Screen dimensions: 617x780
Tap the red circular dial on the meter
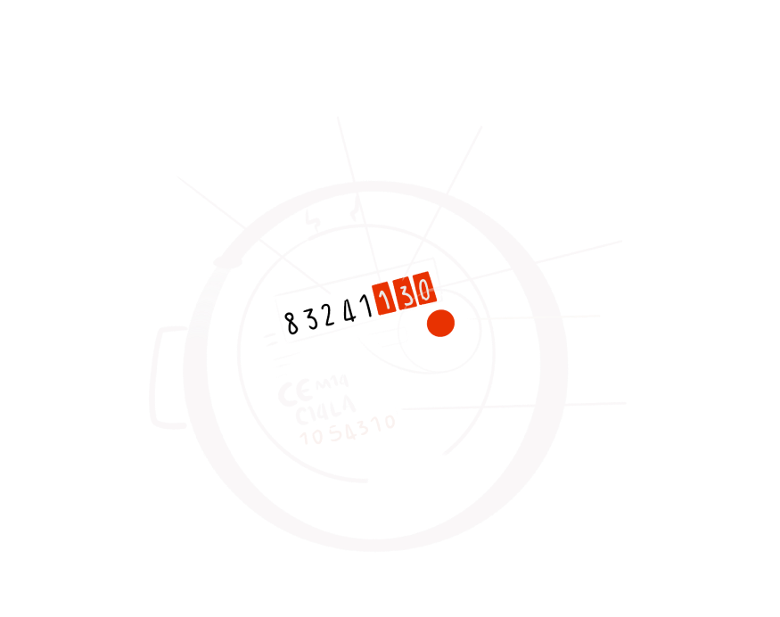pos(440,324)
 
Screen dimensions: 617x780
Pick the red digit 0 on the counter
pos(423,289)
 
